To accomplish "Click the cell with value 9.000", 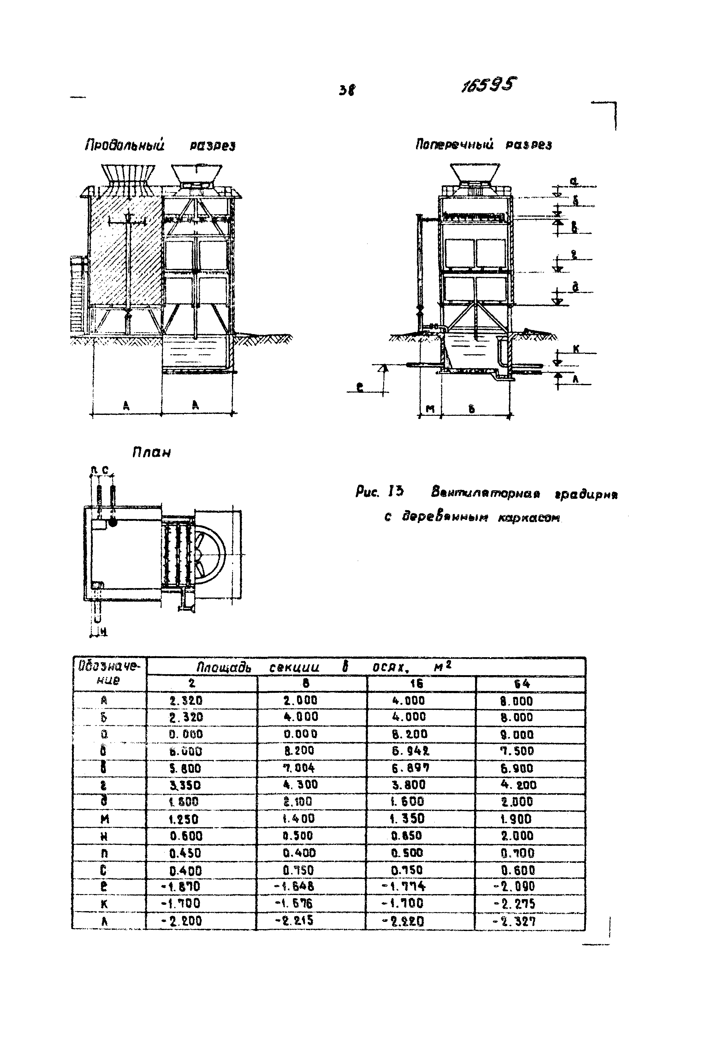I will click(516, 735).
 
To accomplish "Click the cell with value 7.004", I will click(299, 768).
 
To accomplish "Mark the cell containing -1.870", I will click(184, 887).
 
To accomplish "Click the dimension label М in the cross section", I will click(430, 409).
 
